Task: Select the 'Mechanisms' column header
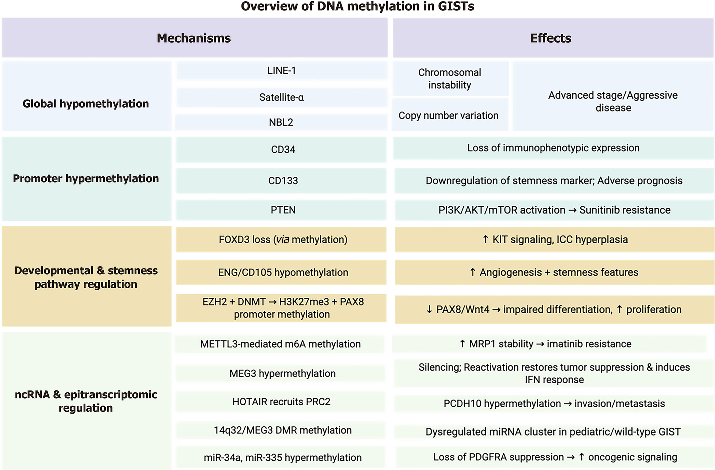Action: pyautogui.click(x=194, y=38)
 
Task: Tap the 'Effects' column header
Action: pyautogui.click(x=551, y=38)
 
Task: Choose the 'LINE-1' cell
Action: pyautogui.click(x=281, y=71)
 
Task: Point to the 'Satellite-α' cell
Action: pyautogui.click(x=281, y=97)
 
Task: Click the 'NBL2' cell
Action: pyautogui.click(x=281, y=122)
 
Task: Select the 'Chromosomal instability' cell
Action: pyautogui.click(x=450, y=79)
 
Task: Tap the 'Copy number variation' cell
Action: pyautogui.click(x=448, y=115)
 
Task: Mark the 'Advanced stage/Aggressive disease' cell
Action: pyautogui.click(x=613, y=101)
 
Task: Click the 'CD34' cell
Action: pyautogui.click(x=283, y=149)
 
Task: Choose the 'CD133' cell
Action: pyautogui.click(x=283, y=181)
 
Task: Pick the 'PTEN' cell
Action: pyautogui.click(x=283, y=210)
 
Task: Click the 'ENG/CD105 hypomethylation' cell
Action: pyautogui.click(x=283, y=272)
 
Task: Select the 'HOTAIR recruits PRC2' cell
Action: pyautogui.click(x=281, y=402)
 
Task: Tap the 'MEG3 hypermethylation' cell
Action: pyautogui.click(x=282, y=373)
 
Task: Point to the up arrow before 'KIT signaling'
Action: pyautogui.click(x=486, y=239)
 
